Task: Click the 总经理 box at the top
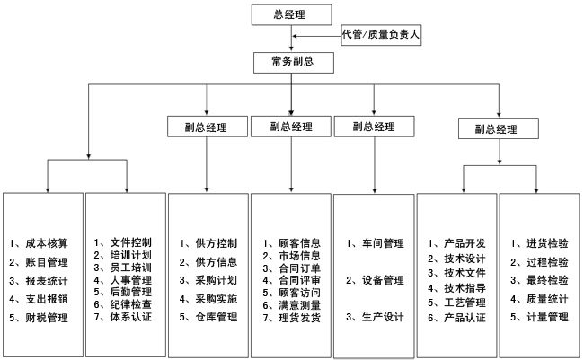292,15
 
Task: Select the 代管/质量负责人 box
381,35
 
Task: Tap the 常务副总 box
294,63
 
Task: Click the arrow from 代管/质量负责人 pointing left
317,36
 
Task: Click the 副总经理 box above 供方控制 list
208,127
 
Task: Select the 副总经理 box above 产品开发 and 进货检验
499,128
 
